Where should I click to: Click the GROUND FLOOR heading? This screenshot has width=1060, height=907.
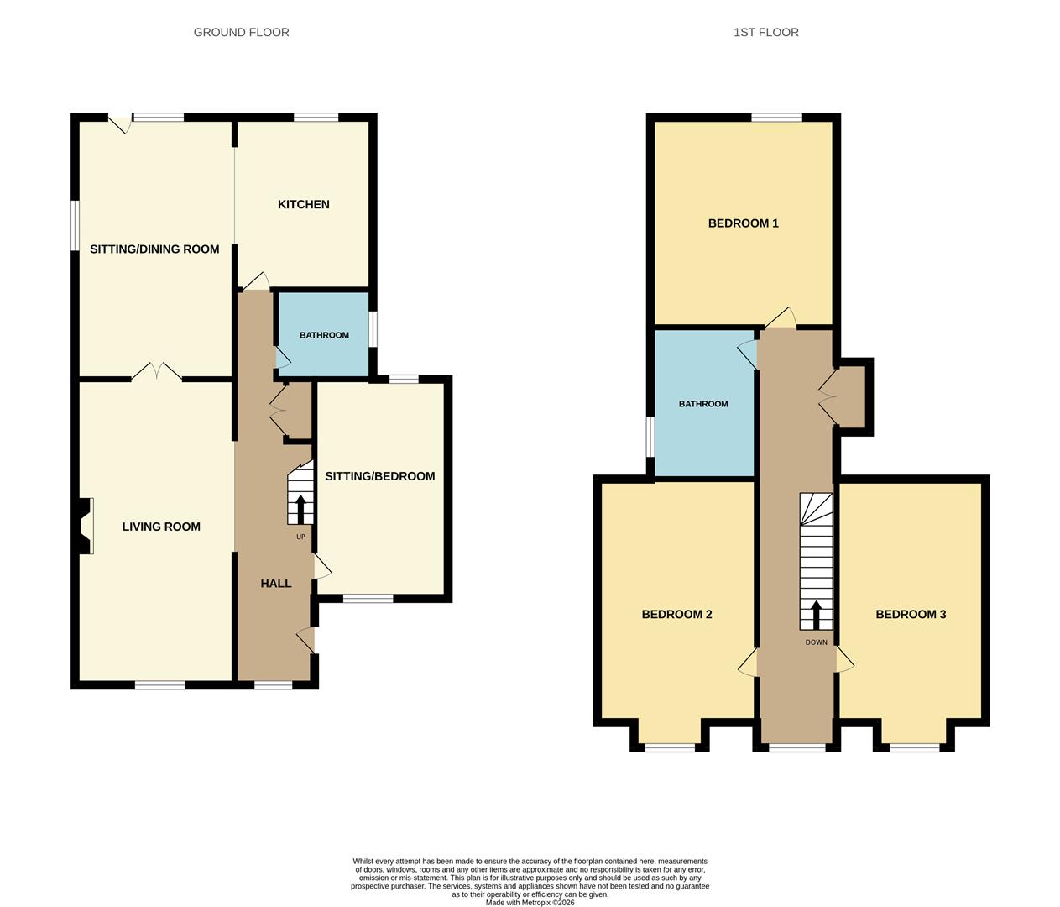point(241,33)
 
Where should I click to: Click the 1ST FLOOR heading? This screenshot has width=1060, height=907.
point(765,33)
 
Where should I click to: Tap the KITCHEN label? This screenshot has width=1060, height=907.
point(303,205)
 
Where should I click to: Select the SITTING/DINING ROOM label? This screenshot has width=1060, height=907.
point(154,249)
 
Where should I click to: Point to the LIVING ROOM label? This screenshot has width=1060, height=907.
point(161,527)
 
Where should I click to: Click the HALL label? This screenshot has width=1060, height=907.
point(275,584)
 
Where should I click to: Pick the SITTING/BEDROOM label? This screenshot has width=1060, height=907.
point(379,477)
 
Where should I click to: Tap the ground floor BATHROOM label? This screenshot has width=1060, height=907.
point(324,336)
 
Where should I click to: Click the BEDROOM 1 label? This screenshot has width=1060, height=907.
point(743,223)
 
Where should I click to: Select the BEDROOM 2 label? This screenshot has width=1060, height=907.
point(676,615)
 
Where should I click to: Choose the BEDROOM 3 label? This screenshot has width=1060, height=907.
point(911,615)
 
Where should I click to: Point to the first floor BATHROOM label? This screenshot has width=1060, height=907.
point(703,405)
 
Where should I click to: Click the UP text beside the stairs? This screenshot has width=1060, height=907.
point(300,537)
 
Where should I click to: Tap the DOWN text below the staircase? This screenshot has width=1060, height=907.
point(816,643)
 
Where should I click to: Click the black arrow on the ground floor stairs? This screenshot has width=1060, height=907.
point(300,509)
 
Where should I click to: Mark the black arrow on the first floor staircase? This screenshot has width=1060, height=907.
point(816,614)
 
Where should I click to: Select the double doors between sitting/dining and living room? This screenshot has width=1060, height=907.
point(156,371)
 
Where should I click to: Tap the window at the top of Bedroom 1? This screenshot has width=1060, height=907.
point(776,118)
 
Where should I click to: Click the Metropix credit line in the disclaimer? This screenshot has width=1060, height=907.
point(530,903)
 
